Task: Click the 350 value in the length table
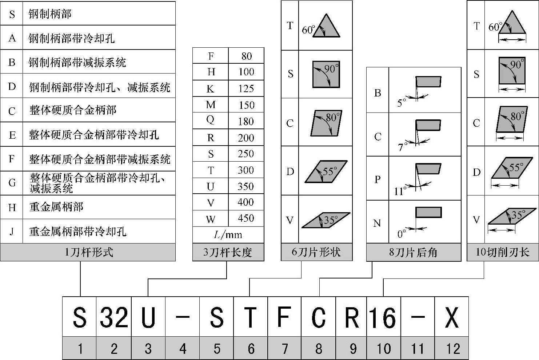[x=245, y=186]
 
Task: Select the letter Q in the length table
[x=210, y=121]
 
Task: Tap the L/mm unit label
[x=228, y=235]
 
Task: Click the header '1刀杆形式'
[x=88, y=252]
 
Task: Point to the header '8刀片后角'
[x=413, y=252]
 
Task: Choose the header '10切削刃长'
[x=502, y=252]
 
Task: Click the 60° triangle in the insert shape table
[x=326, y=26]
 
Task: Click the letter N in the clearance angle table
[x=377, y=223]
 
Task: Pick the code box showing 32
[x=114, y=317]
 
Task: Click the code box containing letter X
[x=451, y=317]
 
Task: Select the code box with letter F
[x=284, y=317]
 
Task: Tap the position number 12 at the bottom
[x=452, y=349]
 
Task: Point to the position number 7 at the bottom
[x=285, y=349]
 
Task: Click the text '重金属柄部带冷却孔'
[x=77, y=231]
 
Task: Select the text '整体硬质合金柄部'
[x=73, y=110]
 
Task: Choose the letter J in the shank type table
[x=12, y=231]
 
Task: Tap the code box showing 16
[x=383, y=317]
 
